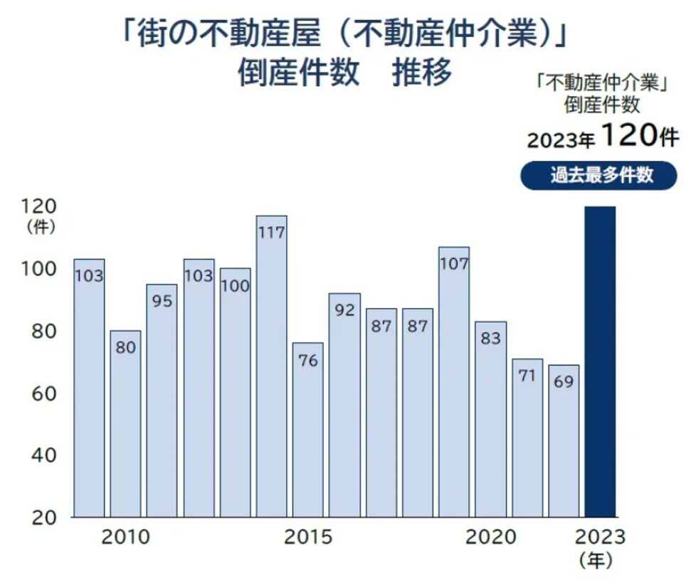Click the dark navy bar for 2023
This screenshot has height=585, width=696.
tap(600, 362)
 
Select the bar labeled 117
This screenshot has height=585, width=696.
tap(271, 367)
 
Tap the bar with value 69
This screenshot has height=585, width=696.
tap(564, 441)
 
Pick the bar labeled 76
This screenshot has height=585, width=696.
tap(307, 430)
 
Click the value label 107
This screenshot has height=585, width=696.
tap(454, 264)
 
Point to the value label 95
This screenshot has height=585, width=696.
tap(162, 301)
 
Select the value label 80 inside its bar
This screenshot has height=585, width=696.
tap(125, 348)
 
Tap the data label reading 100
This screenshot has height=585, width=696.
tap(235, 286)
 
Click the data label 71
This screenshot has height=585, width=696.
tap(527, 376)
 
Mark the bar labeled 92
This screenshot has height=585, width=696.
tap(344, 405)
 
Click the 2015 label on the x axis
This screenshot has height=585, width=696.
tap(307, 537)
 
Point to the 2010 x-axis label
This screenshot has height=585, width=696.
tap(125, 537)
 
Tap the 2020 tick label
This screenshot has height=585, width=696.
tap(490, 537)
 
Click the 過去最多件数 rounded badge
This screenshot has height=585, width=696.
tap(599, 175)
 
